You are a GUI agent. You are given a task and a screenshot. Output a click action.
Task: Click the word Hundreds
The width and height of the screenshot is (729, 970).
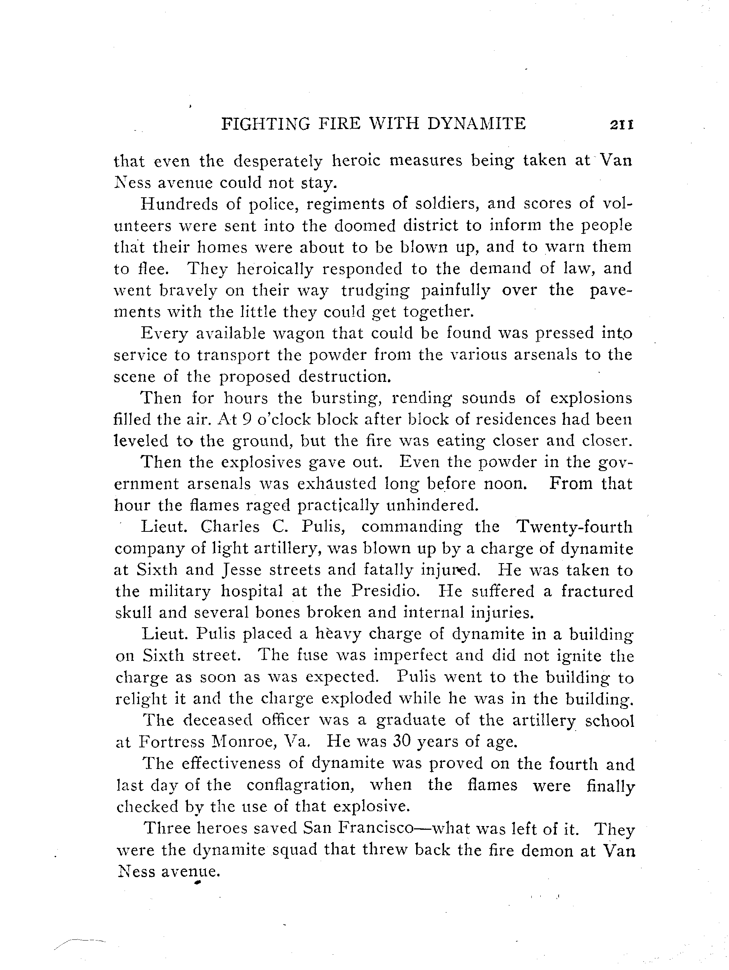178,204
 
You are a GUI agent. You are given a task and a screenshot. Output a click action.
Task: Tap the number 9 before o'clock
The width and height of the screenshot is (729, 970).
246,420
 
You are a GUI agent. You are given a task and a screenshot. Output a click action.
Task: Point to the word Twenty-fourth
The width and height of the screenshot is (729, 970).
575,527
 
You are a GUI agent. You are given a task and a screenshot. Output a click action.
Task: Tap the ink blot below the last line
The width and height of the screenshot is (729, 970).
197,884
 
